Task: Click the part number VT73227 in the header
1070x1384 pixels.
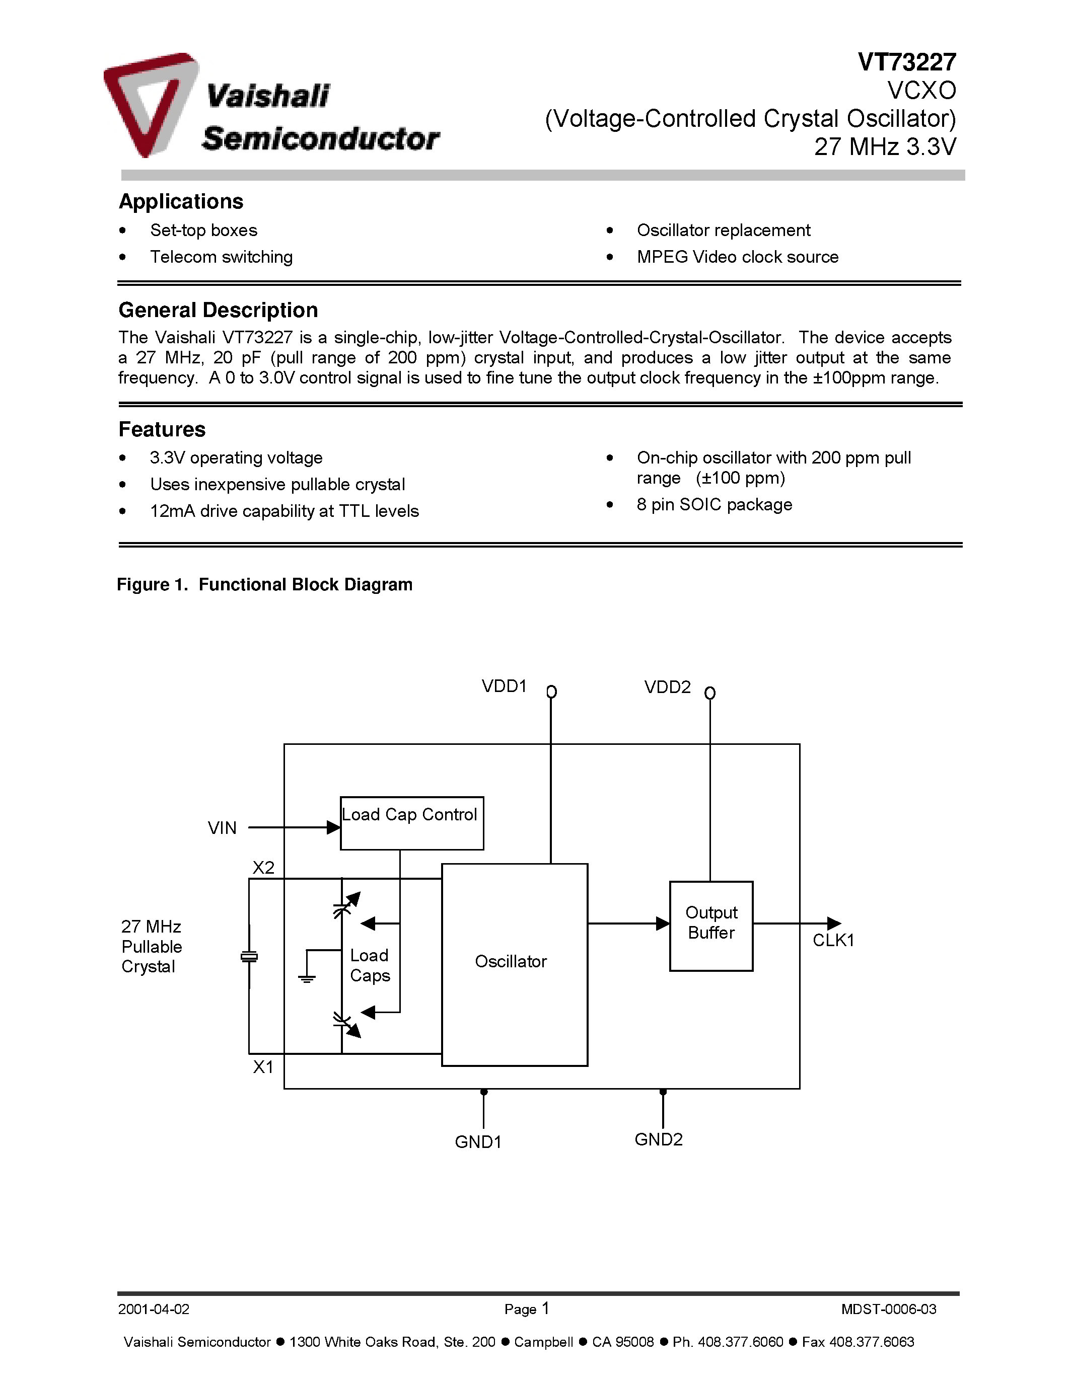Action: click(906, 62)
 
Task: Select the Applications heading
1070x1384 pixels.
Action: click(181, 201)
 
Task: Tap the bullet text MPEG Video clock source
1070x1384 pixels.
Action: click(737, 257)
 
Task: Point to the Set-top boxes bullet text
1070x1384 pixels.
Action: click(203, 230)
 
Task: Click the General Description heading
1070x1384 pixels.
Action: click(218, 310)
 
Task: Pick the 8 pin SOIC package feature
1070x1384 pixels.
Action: click(715, 504)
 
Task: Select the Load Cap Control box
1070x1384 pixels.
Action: click(411, 822)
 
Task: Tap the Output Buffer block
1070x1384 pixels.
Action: click(711, 925)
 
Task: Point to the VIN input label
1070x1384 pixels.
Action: click(222, 827)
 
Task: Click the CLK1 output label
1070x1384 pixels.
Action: click(833, 941)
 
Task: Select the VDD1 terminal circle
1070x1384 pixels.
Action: click(551, 691)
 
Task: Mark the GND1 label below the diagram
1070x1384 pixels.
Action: click(478, 1142)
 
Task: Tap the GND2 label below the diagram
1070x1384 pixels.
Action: click(659, 1139)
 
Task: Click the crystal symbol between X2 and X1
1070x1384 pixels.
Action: click(249, 957)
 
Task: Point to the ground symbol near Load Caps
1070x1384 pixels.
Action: click(307, 978)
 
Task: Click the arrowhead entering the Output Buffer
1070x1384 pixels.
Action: click(663, 924)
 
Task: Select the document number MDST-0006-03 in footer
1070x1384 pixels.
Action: click(888, 1309)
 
